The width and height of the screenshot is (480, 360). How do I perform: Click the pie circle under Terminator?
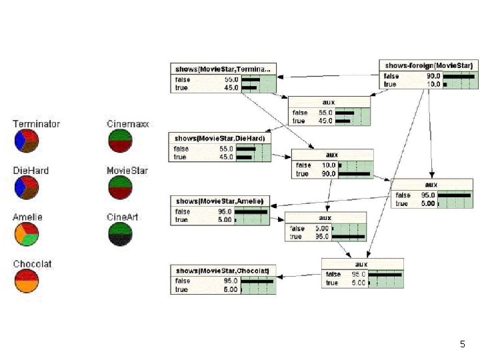[x=27, y=141]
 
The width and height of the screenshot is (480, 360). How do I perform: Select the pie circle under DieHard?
[x=27, y=187]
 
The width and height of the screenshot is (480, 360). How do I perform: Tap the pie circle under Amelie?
[x=27, y=234]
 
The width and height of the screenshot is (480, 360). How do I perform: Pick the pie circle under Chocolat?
[x=27, y=281]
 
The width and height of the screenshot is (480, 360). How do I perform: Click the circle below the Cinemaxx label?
[x=120, y=141]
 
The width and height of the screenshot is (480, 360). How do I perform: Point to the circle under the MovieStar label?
[x=120, y=187]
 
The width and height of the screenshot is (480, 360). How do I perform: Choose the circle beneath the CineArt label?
[x=120, y=234]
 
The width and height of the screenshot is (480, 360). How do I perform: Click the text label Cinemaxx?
[x=128, y=124]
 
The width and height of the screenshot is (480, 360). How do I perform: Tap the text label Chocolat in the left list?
[x=32, y=264]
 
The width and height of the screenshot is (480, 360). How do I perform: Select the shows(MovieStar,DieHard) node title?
[x=219, y=138]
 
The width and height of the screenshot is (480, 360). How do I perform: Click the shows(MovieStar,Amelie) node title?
[x=219, y=201]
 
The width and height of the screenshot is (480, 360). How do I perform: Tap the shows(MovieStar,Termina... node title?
[x=223, y=69]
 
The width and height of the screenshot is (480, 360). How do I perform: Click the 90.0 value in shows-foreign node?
[x=433, y=76]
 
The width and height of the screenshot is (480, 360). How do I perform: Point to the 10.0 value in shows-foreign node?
[x=433, y=84]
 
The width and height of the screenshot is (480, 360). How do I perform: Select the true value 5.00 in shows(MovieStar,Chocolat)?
[x=230, y=289]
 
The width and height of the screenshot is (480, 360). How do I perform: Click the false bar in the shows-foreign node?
[x=459, y=76]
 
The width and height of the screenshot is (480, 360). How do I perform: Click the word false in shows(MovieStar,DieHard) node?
[x=181, y=149]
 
